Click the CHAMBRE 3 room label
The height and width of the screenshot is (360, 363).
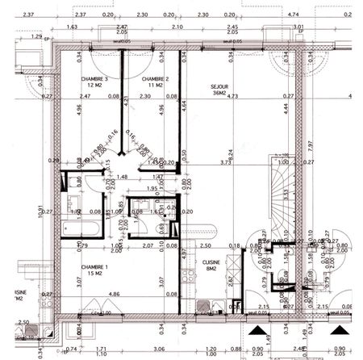pyautogui.click(x=95, y=78)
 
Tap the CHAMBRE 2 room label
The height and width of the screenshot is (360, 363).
pyautogui.click(x=154, y=78)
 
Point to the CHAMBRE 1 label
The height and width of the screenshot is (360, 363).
pyautogui.click(x=94, y=266)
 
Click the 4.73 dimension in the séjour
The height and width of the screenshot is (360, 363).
pyautogui.click(x=233, y=96)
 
